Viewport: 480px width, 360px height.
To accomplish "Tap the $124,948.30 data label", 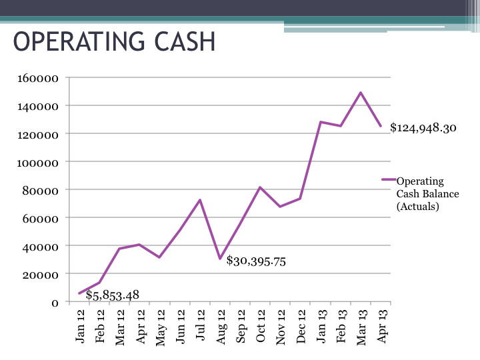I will click(x=423, y=128).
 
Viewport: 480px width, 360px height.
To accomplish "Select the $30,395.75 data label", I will click(x=256, y=261).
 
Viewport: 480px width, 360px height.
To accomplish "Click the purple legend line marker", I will click(x=388, y=180).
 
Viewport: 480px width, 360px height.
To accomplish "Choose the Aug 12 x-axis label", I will click(x=221, y=327).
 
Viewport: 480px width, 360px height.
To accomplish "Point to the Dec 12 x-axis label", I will click(x=301, y=327).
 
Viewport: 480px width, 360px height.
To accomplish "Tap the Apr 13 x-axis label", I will click(x=382, y=327).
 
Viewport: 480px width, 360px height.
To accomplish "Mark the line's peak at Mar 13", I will click(x=361, y=93).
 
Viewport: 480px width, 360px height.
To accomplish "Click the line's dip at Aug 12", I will click(x=220, y=259).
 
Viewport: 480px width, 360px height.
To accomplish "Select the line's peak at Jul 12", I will click(x=200, y=200).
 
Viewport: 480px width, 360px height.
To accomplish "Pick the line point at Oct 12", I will click(x=260, y=187).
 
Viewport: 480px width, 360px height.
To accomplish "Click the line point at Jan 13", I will click(x=321, y=122).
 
